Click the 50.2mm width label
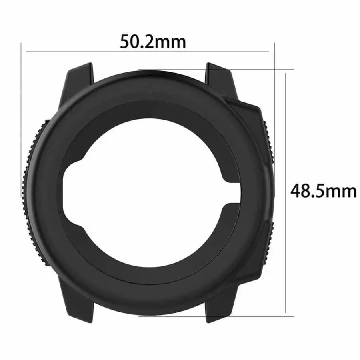(153, 42)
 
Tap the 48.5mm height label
(323, 191)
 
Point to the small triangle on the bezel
(150, 89)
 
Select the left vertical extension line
(20, 120)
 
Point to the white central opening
(148, 192)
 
